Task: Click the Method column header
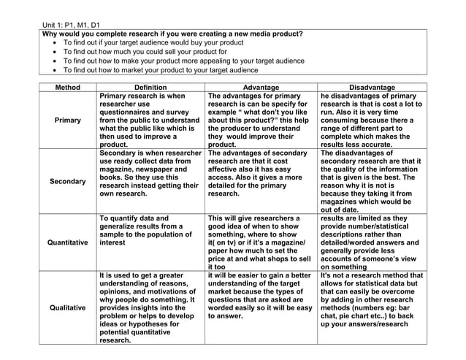tap(68, 87)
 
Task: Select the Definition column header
tap(150, 87)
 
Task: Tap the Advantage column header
tap(261, 87)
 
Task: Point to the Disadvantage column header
tap(372, 87)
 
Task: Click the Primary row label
tap(68, 120)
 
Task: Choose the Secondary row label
tap(68, 180)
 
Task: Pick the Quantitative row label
tap(68, 242)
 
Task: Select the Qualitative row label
tap(68, 307)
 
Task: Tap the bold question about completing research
tap(172, 34)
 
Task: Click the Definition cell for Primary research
tap(150, 120)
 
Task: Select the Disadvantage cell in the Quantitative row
tap(372, 242)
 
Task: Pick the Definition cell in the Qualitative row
tap(150, 307)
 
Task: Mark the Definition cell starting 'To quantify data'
tap(150, 230)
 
